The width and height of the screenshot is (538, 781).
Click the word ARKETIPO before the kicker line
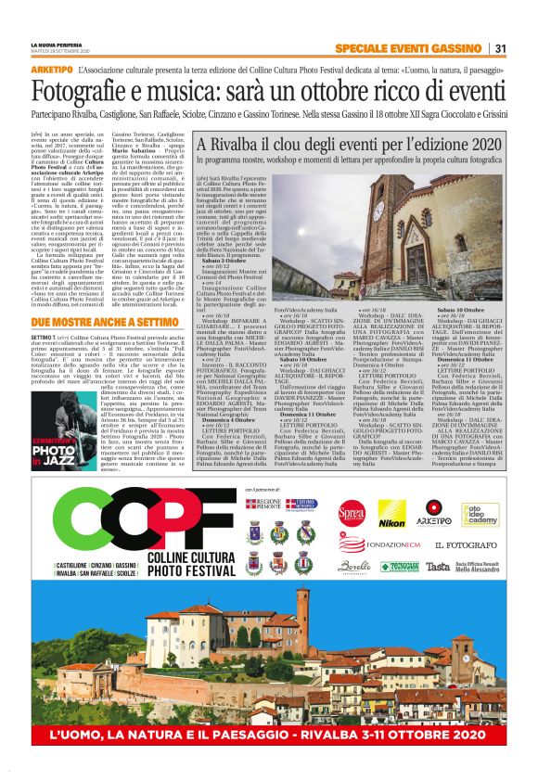52,70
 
